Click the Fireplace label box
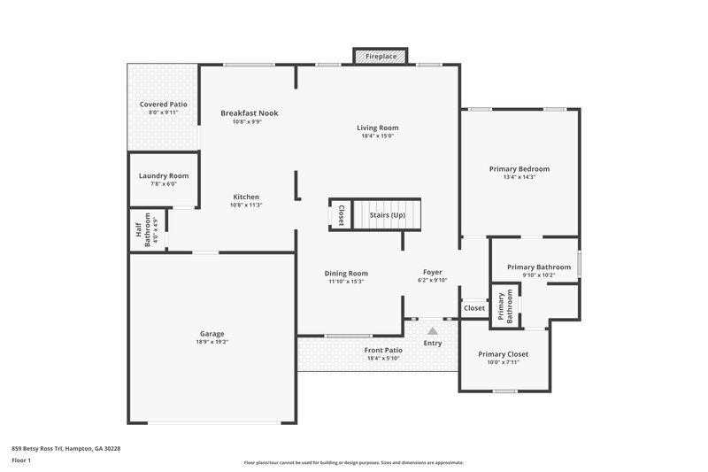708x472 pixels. coord(382,56)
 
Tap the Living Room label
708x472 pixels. coord(377,128)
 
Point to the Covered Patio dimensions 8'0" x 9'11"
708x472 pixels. coord(163,112)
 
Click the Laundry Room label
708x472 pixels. coord(164,175)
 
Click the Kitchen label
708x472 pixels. coord(247,197)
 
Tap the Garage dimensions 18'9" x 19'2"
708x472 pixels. coord(212,342)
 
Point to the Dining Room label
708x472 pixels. coord(346,273)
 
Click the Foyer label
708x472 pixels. coord(432,272)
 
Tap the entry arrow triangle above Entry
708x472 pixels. coord(433,329)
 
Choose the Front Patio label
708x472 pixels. coord(383,350)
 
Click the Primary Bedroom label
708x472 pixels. coord(519,168)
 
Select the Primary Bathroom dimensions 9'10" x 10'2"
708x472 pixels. coord(538,275)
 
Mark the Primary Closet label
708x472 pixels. coord(504,354)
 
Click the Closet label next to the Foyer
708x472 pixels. coord(474,308)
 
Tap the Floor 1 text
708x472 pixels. coord(22,461)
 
